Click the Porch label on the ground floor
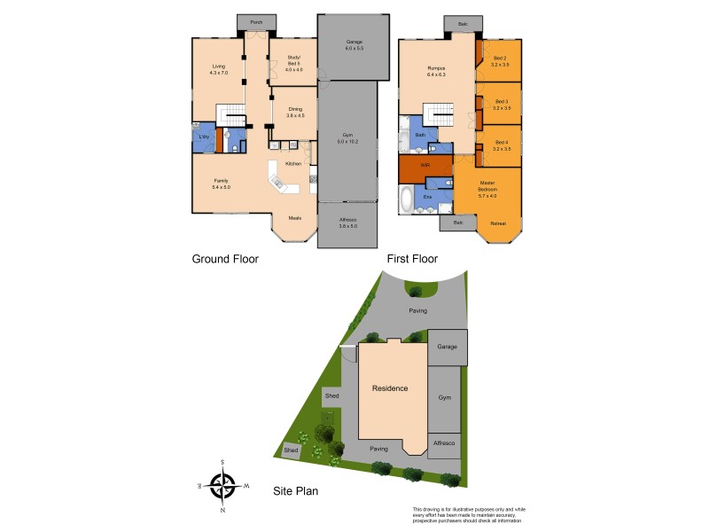256,22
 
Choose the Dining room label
295,112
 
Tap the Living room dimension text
220,72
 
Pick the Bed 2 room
501,62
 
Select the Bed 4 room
501,145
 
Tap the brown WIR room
425,166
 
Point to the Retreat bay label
498,223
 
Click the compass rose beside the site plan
222,485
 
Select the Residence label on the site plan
390,388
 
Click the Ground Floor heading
225,260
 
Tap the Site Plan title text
295,490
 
